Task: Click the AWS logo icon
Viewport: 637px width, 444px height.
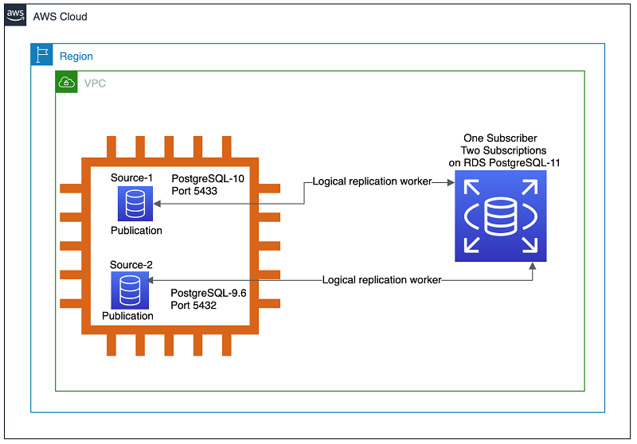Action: coord(15,15)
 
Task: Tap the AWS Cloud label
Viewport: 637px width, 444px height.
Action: coord(61,17)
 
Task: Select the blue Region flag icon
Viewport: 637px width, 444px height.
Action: coord(42,54)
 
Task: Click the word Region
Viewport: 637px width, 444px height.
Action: coord(76,56)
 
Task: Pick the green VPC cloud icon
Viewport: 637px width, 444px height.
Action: coord(67,82)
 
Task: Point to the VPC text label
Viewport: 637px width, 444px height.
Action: coord(95,84)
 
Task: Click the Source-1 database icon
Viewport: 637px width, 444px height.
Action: coord(135,204)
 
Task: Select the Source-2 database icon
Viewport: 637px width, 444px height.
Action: coord(130,290)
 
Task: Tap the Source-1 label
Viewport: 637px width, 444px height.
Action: coord(131,177)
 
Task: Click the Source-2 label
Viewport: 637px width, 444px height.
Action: coord(131,265)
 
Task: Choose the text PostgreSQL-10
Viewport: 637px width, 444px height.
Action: coord(208,178)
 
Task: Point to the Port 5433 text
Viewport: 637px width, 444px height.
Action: coord(194,191)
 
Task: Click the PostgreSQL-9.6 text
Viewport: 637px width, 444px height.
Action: coord(209,293)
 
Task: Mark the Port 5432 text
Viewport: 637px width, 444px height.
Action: coord(193,306)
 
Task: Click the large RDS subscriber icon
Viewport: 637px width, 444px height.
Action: coord(501,216)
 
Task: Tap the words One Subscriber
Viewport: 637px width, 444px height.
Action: coord(501,138)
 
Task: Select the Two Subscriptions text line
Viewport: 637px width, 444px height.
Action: coord(504,150)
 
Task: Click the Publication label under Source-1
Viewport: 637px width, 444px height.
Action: coord(136,231)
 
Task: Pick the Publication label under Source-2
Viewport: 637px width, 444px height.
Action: coord(127,316)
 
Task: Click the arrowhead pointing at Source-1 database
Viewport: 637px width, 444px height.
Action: coord(157,204)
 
